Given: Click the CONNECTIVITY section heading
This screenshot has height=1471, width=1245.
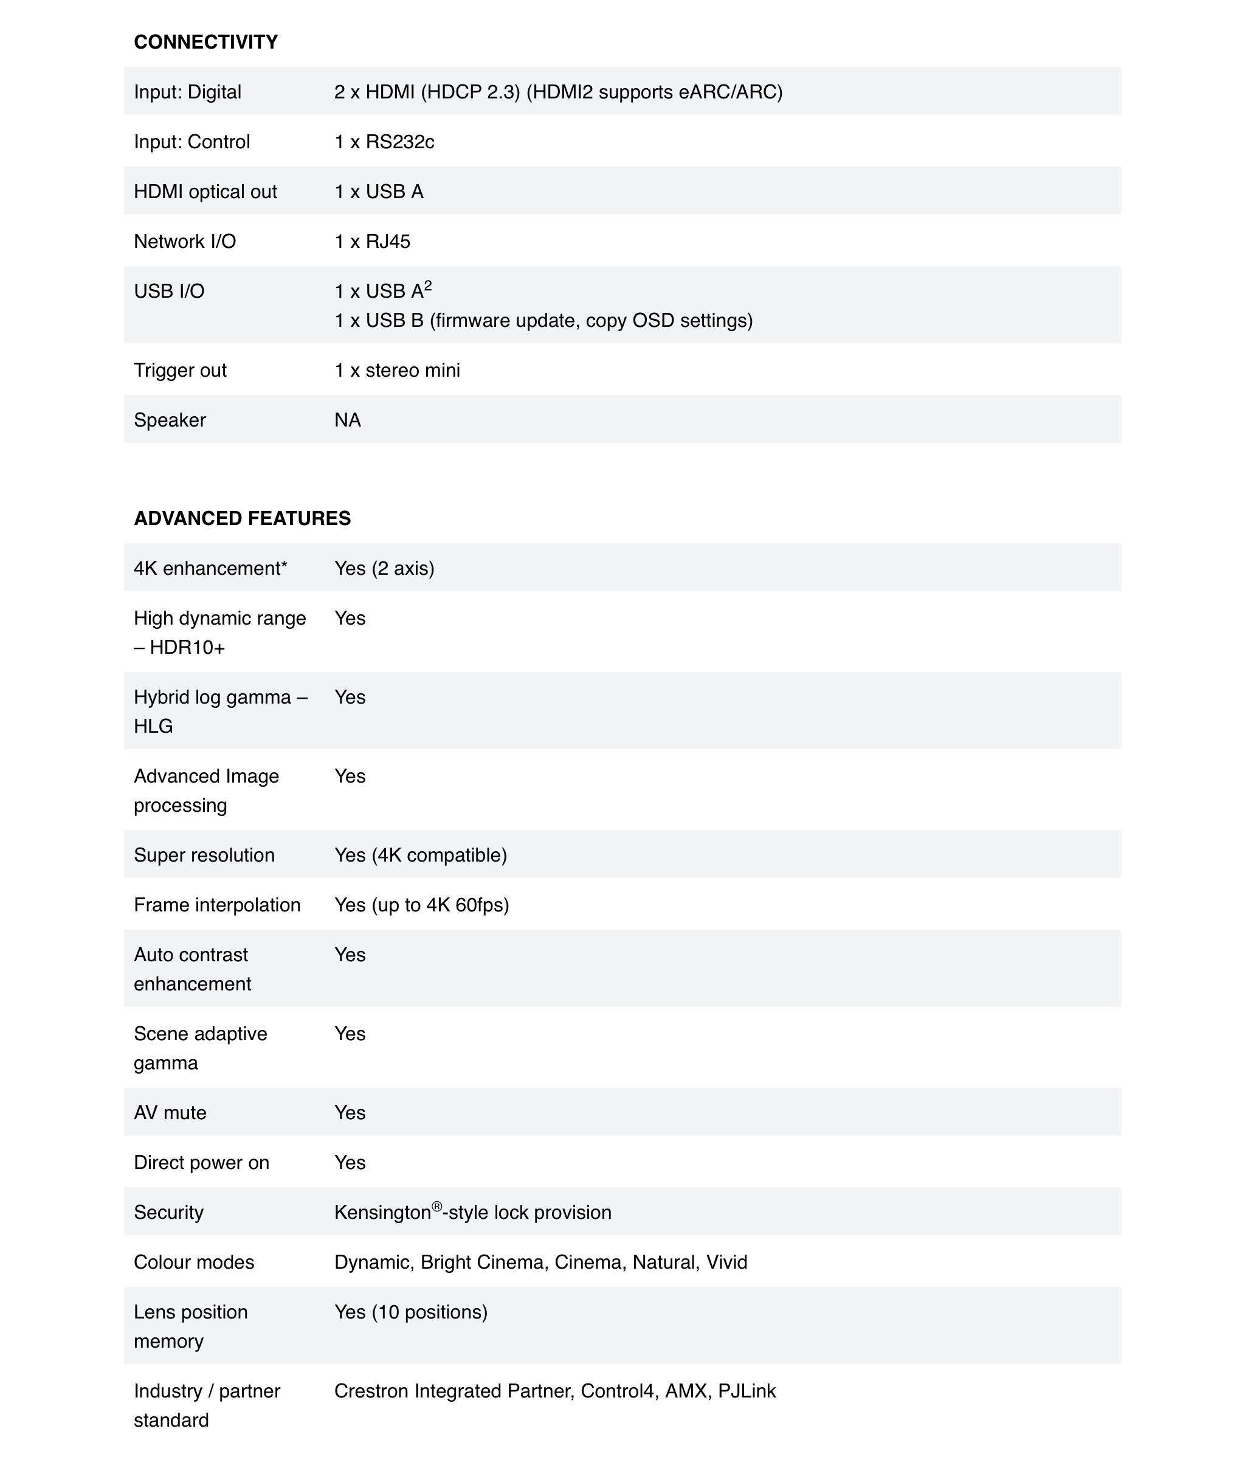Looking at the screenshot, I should tap(205, 43).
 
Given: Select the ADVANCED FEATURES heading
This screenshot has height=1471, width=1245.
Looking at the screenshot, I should tap(242, 518).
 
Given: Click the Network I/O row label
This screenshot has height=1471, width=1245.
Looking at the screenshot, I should tap(185, 241).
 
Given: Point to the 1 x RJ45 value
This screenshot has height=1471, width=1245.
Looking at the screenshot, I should tap(372, 241).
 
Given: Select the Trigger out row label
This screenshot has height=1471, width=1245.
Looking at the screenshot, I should tap(180, 371).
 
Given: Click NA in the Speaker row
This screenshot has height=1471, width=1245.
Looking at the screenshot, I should tap(347, 420).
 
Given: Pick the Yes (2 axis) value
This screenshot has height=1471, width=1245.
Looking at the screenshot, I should tap(384, 569).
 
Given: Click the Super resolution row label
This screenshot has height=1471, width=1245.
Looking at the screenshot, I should tap(204, 855).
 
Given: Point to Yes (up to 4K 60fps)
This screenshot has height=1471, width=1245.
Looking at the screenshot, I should tap(421, 905).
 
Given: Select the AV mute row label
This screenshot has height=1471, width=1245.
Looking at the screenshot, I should tap(170, 1113).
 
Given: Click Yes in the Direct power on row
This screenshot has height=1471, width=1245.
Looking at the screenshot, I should tap(350, 1163).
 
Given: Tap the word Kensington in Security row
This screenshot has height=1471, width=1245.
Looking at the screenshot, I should tap(382, 1213).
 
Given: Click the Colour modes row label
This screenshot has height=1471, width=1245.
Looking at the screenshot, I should tap(194, 1262).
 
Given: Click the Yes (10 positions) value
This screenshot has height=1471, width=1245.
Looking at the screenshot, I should tap(411, 1312).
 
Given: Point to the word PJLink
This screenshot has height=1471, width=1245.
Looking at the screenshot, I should tap(747, 1391).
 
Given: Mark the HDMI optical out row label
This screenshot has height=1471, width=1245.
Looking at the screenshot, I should tap(205, 192).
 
